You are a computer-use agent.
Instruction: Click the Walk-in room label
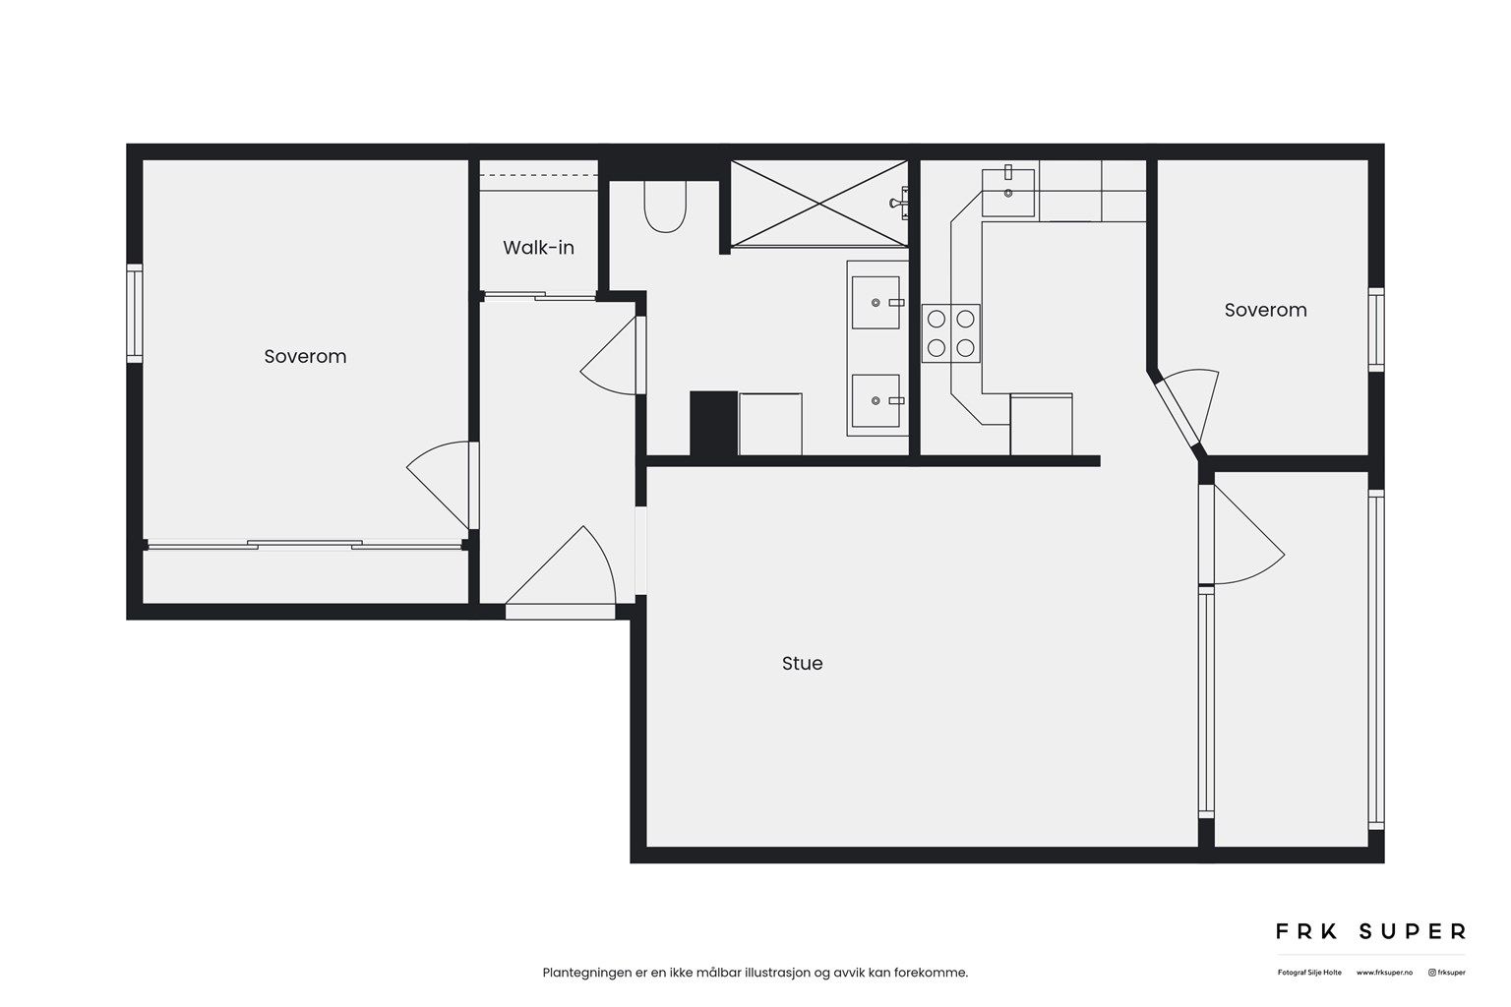pos(538,247)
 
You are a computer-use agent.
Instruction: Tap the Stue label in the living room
pos(802,664)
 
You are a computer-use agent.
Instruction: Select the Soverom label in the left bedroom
pos(305,356)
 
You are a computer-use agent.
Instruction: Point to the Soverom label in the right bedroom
pos(1265,310)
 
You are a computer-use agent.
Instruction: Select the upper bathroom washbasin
pos(876,302)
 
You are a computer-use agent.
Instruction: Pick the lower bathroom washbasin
pos(876,400)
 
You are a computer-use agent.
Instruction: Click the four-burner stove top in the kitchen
pos(951,332)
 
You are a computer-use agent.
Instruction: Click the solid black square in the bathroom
pos(713,423)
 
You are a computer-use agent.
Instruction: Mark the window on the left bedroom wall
pos(135,312)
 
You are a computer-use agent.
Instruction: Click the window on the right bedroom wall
pos(1376,329)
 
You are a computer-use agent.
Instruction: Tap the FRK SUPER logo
pos(1370,930)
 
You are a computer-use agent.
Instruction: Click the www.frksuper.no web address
pos(1384,973)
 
